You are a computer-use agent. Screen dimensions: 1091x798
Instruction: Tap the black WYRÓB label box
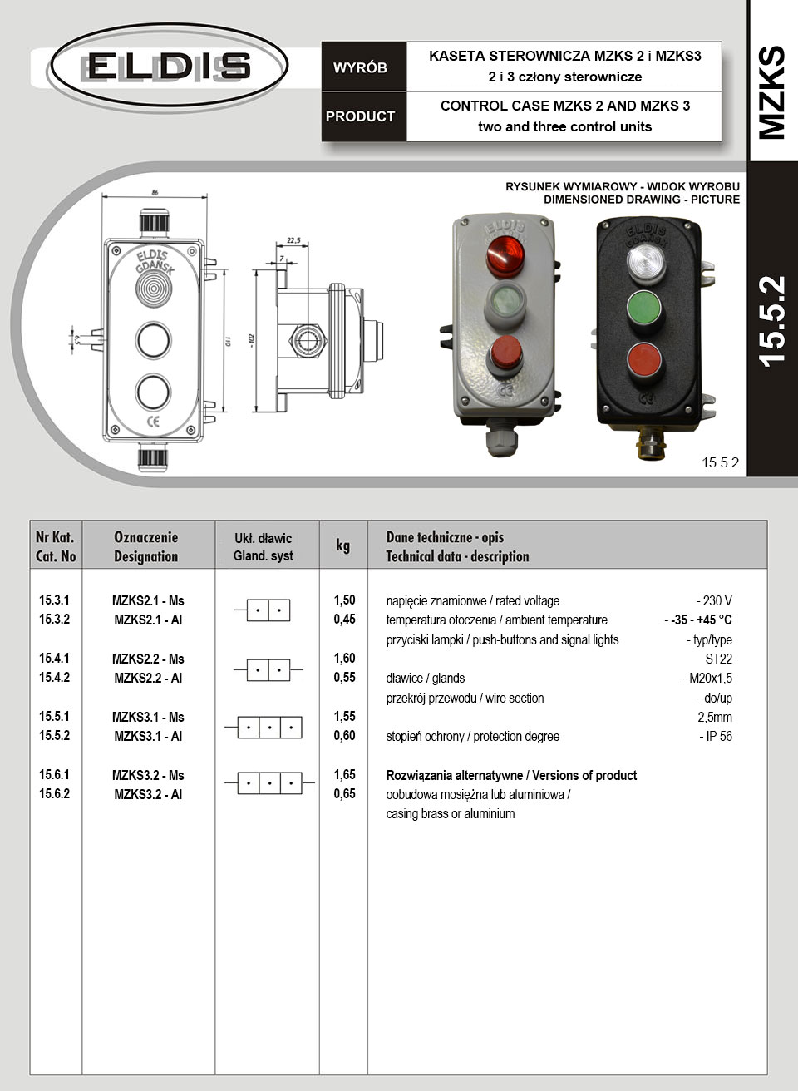point(360,67)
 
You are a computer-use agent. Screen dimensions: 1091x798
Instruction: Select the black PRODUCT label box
point(360,116)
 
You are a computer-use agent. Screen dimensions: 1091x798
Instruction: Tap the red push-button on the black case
point(643,360)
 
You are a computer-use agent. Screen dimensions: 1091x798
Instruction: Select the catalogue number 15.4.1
point(55,658)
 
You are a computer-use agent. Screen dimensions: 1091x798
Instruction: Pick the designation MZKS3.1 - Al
point(148,736)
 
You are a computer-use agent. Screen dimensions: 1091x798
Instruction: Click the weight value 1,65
point(344,774)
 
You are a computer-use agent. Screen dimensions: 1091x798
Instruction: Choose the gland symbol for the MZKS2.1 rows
point(268,610)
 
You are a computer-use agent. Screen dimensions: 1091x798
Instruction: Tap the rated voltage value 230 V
point(714,600)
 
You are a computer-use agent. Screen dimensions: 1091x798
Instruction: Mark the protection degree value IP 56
point(716,736)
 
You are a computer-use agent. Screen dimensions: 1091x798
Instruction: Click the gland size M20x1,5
point(707,678)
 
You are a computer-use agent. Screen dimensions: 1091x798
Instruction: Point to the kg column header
point(342,545)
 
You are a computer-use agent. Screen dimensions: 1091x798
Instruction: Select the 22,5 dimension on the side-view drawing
point(293,240)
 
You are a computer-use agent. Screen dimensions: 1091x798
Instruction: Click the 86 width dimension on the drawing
point(155,192)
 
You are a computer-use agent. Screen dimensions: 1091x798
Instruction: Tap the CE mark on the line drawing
point(154,421)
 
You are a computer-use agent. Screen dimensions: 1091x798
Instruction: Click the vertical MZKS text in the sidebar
point(771,91)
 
